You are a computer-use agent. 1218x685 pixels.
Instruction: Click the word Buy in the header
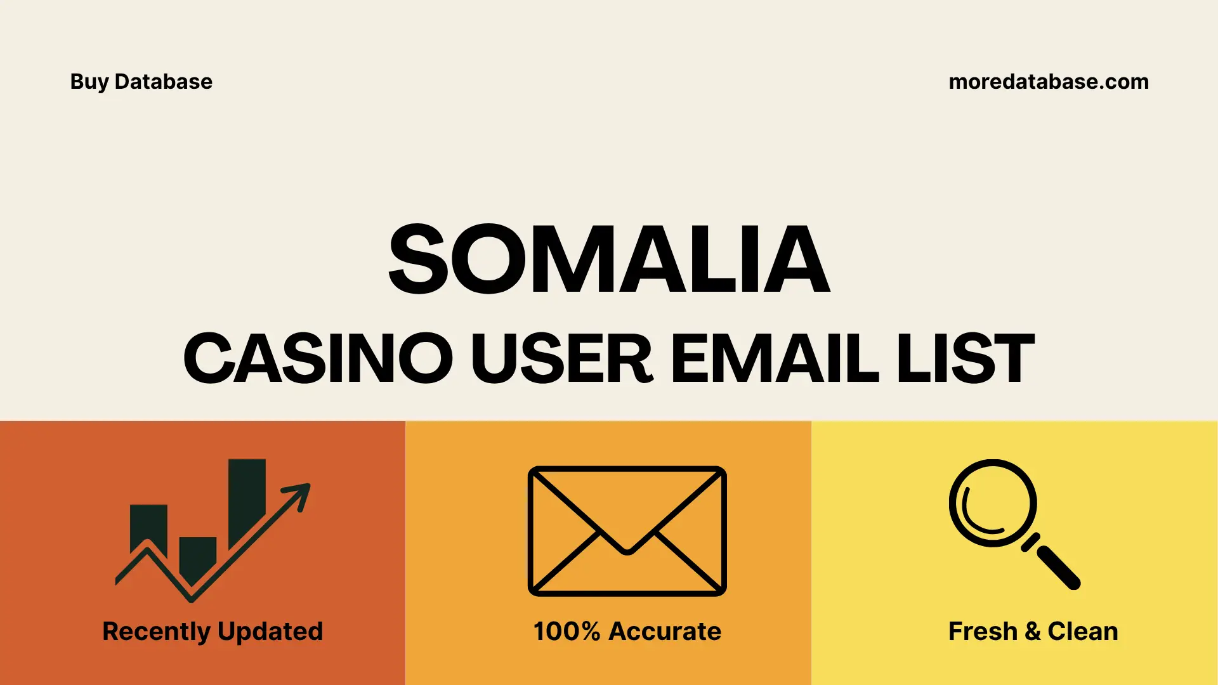click(89, 82)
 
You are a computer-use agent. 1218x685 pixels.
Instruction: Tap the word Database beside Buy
click(163, 82)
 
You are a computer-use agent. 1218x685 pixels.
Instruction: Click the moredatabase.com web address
click(1048, 82)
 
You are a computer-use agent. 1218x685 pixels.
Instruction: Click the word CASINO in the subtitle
click(318, 358)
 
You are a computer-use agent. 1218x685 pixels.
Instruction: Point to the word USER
click(561, 358)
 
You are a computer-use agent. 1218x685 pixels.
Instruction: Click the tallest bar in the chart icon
click(247, 498)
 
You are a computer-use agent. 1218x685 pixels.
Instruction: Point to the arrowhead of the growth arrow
click(299, 494)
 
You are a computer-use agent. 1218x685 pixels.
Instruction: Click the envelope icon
click(627, 531)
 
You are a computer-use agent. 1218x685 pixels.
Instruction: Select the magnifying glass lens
click(992, 503)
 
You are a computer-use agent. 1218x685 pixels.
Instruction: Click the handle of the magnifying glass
click(1057, 566)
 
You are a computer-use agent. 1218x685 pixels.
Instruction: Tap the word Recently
click(156, 632)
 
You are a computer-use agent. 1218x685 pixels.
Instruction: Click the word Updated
click(270, 632)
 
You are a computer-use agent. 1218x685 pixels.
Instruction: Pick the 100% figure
click(566, 632)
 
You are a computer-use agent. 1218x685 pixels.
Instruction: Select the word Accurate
click(664, 632)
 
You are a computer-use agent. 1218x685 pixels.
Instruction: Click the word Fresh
click(983, 632)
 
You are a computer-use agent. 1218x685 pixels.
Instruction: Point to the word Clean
click(1082, 632)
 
